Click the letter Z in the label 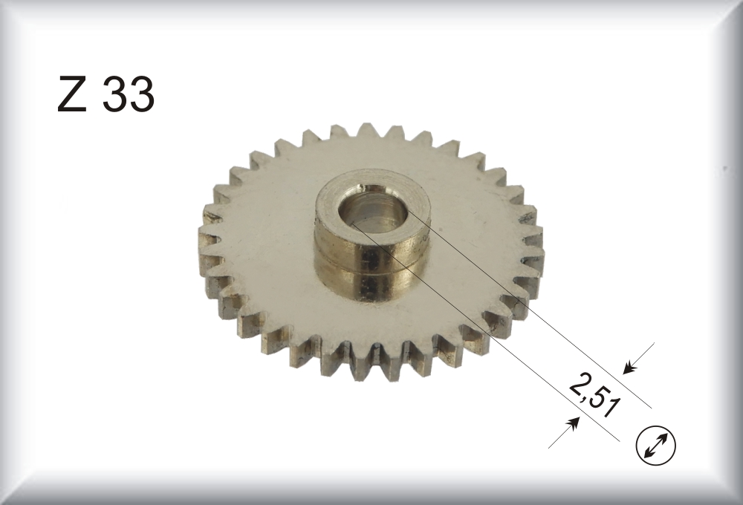(72, 95)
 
